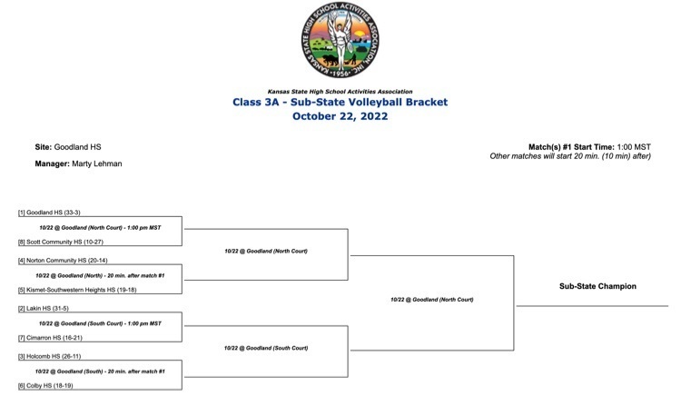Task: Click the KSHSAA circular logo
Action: click(340, 41)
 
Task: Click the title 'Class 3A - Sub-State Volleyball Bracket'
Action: click(340, 103)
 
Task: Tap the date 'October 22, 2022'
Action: click(340, 116)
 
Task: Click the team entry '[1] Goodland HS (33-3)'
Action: click(50, 212)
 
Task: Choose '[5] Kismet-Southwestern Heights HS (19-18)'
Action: click(77, 290)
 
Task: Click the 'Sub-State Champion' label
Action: click(597, 286)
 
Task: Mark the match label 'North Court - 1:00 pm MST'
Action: click(100, 227)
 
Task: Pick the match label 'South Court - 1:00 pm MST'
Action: click(100, 322)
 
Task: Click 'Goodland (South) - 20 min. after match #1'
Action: click(100, 371)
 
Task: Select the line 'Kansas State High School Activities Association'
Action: click(340, 92)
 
